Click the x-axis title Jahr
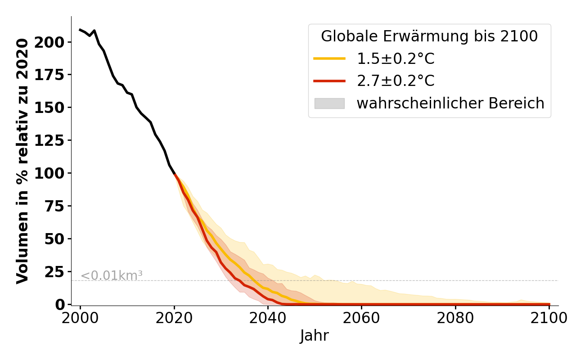pos(314,336)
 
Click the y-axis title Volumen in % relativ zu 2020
pos(22,161)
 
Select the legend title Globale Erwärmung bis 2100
pos(429,36)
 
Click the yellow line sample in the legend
pos(329,58)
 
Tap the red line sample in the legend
pos(329,81)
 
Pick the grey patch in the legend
pos(329,103)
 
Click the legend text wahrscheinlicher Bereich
pos(450,103)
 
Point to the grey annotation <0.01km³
pos(112,275)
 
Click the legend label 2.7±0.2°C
pos(396,81)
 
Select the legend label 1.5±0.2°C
pos(396,58)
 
